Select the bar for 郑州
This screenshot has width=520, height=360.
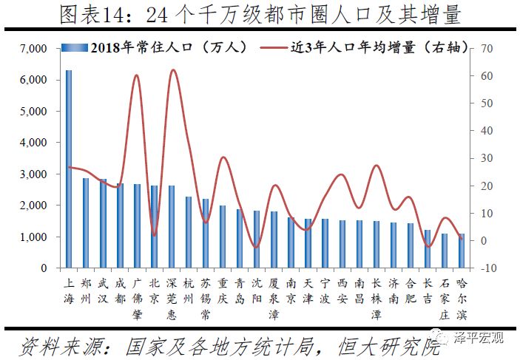86,223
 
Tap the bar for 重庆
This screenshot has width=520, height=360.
223,237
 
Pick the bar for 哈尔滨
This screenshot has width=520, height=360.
462,251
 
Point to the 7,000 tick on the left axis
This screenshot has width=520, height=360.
33,49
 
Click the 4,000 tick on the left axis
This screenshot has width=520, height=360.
33,143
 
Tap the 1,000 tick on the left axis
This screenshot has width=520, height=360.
33,237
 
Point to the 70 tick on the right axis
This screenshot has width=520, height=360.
484,49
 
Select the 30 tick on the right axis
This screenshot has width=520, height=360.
484,158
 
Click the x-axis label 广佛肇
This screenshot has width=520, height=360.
137,294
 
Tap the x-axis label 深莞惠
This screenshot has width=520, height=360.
171,294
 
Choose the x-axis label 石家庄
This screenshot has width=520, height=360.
445,294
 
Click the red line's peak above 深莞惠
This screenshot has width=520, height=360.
172,70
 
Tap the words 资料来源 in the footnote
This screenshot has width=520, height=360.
55,344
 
